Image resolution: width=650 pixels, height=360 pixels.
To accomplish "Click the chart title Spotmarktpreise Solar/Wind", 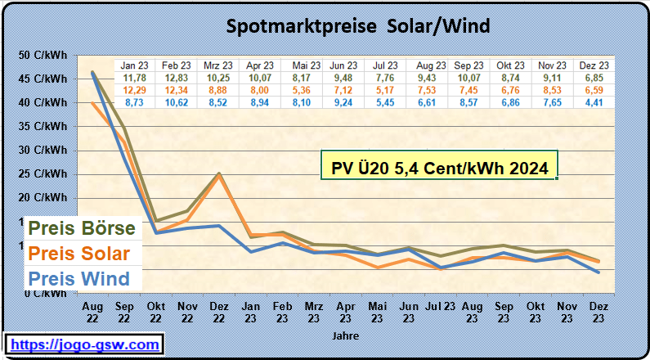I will click(357, 27).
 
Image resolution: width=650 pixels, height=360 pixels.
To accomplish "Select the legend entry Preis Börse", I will click(82, 227).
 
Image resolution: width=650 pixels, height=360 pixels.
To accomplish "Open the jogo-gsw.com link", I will click(83, 345).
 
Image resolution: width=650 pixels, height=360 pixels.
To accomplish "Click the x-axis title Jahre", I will click(345, 335).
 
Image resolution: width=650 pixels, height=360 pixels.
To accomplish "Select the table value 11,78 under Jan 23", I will click(134, 78).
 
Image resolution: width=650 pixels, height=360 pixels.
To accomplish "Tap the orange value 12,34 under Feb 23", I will click(177, 89).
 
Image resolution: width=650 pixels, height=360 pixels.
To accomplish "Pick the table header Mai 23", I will click(305, 65).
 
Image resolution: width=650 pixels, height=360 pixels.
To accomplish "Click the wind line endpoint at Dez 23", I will click(599, 272).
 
